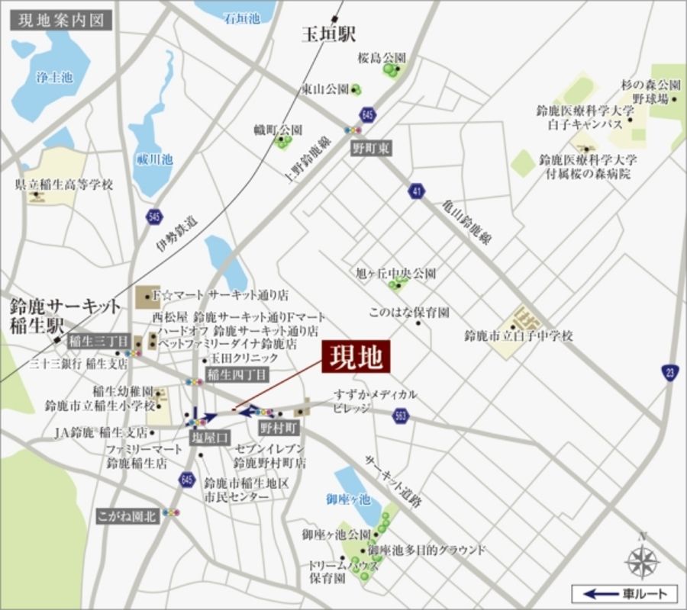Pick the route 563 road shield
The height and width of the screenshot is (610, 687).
coord(401,416)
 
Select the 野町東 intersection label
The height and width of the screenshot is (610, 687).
coord(370,149)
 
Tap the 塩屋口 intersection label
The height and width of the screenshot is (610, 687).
coord(209,437)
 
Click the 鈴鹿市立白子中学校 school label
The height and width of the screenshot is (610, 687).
coord(518,335)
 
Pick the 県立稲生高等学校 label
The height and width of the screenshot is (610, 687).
coord(64,185)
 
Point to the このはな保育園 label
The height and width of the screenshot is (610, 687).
coord(408,313)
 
